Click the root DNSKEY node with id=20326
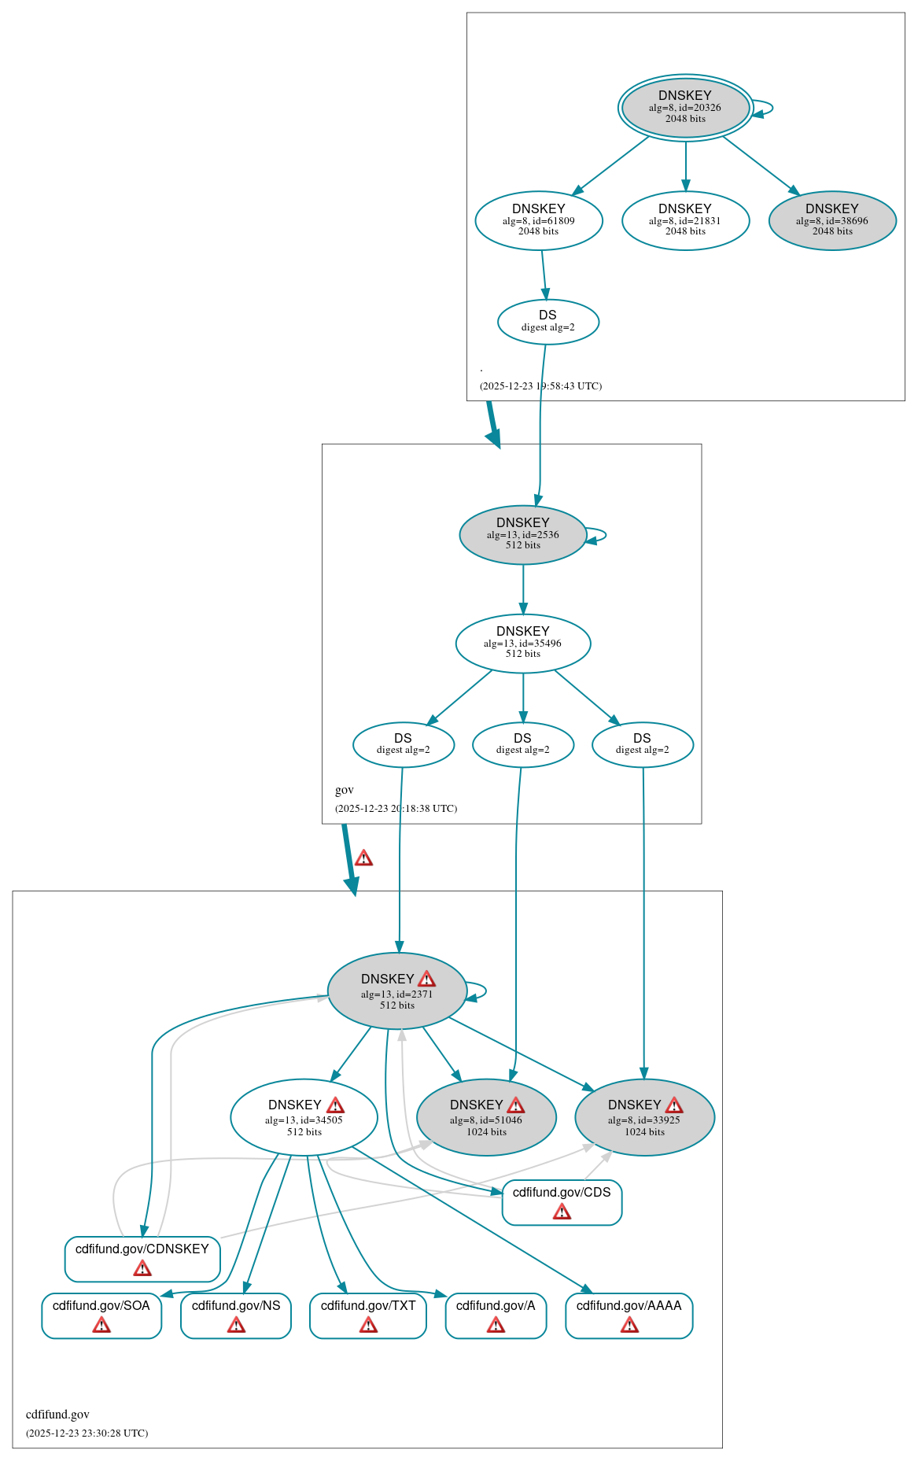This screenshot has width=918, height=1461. click(x=684, y=107)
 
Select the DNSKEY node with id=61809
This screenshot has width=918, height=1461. click(x=538, y=220)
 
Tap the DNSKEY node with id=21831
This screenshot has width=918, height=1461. click(x=684, y=220)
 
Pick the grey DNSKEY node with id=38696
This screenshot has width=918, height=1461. click(x=831, y=220)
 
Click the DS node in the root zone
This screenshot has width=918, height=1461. click(x=547, y=321)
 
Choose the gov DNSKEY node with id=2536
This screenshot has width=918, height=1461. click(x=522, y=534)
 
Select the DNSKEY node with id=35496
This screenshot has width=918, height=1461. click(x=522, y=643)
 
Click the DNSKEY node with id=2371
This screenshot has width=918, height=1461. click(x=396, y=991)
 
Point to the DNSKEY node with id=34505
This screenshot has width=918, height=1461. click(x=304, y=1117)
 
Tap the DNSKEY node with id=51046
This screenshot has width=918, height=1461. click(x=485, y=1117)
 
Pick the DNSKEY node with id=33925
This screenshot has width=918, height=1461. click(x=644, y=1117)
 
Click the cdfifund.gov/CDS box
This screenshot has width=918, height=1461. click(x=562, y=1201)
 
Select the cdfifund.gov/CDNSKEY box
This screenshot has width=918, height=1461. click(x=142, y=1258)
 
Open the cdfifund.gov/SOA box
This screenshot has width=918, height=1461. click(x=101, y=1315)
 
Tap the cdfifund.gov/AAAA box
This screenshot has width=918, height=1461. click(x=629, y=1315)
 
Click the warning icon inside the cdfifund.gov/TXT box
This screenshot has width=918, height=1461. click(x=368, y=1326)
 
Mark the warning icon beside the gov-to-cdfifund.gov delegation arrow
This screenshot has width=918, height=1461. click(x=363, y=858)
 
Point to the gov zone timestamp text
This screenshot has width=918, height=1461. click(x=396, y=808)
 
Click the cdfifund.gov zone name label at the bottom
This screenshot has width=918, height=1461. click(x=57, y=1414)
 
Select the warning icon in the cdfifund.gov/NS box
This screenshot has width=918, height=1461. click(x=236, y=1326)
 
